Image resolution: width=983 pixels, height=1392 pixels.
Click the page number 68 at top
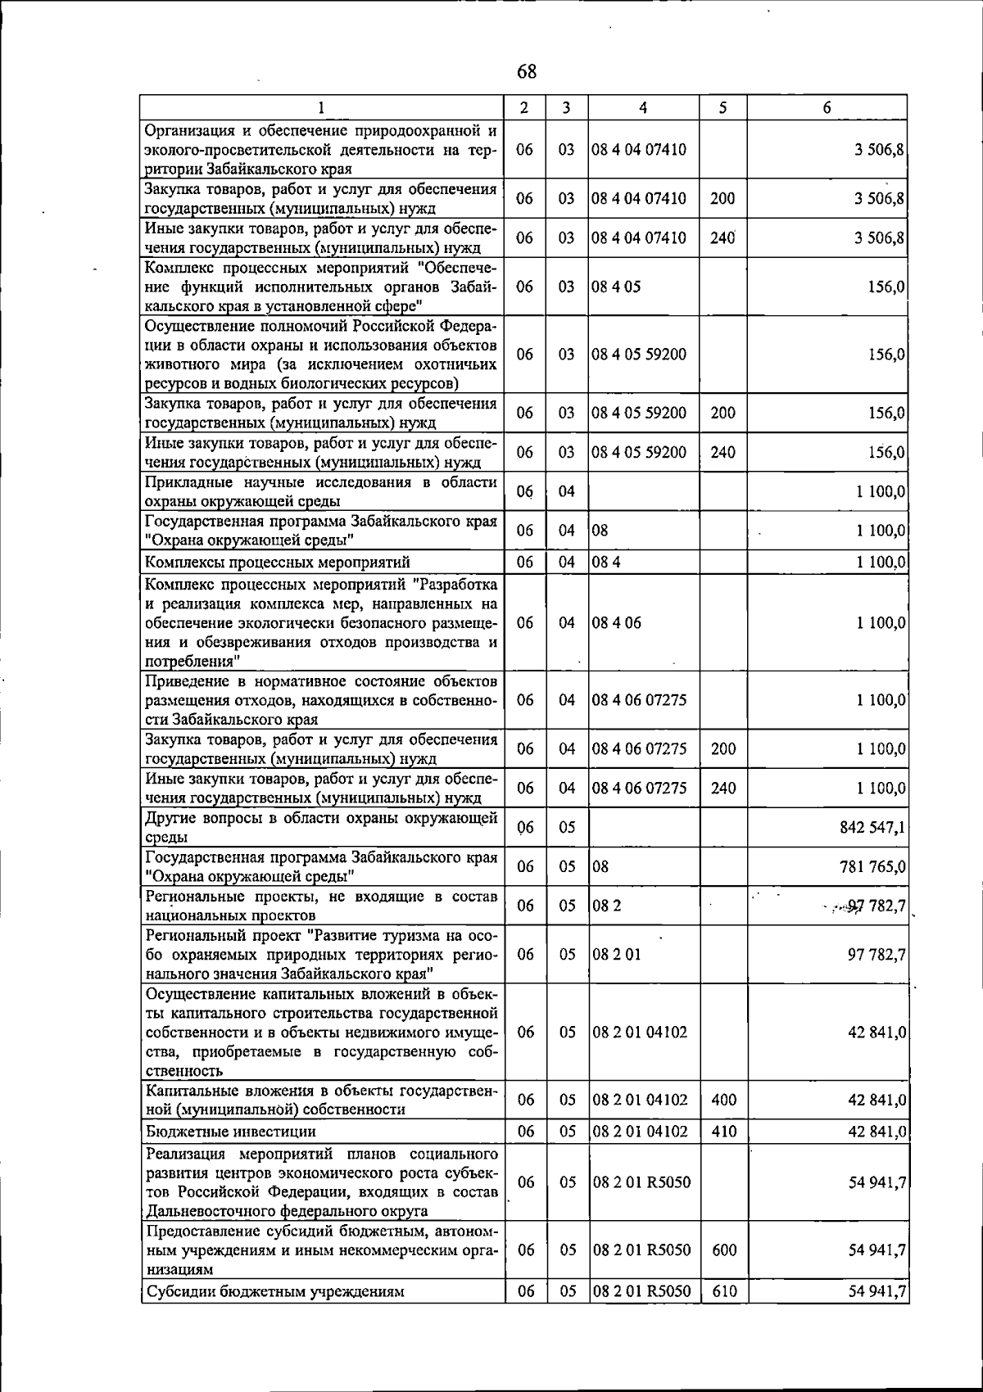[527, 72]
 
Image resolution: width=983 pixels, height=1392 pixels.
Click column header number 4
[643, 107]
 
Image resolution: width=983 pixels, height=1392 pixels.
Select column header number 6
[827, 107]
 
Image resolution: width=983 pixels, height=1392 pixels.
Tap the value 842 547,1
[872, 828]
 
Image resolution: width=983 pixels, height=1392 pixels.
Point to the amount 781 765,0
[872, 866]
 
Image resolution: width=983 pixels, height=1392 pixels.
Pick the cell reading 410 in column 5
[723, 1132]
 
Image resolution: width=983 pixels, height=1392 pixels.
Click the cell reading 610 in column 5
[723, 1291]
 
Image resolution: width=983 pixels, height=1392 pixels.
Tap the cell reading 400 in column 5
[723, 1100]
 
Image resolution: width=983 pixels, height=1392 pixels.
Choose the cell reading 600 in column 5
[723, 1250]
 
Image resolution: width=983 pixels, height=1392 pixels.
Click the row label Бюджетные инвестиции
[230, 1132]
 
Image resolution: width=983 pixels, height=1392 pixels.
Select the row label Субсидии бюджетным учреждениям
[274, 1291]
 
